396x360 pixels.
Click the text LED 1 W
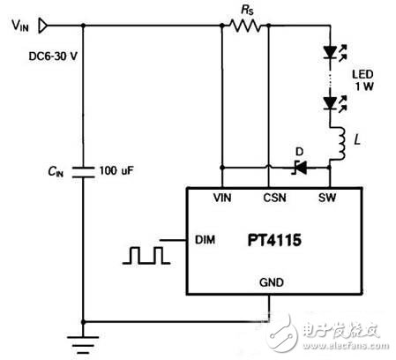pyautogui.click(x=364, y=79)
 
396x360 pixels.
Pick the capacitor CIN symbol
pyautogui.click(x=81, y=169)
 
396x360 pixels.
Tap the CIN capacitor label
pyautogui.click(x=54, y=169)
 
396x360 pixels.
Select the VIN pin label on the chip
pyautogui.click(x=225, y=199)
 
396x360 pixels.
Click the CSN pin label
pyautogui.click(x=275, y=199)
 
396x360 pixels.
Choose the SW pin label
pyautogui.click(x=328, y=199)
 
